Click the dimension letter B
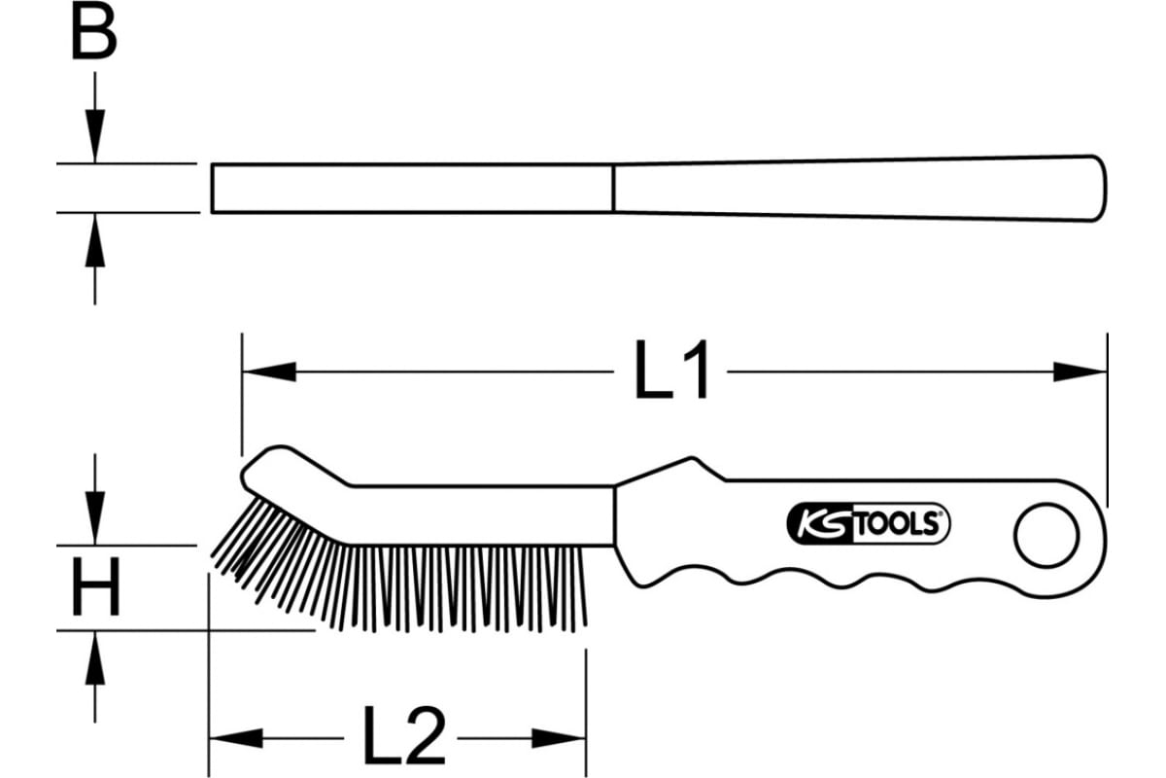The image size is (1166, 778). (93, 30)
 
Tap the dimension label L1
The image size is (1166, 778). (670, 370)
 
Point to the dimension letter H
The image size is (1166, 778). (96, 587)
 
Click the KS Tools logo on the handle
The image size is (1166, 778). (868, 524)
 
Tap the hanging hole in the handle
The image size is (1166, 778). (1046, 536)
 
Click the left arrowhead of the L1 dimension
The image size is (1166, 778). (269, 371)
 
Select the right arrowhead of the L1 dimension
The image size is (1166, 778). (1080, 371)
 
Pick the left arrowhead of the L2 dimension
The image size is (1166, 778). (235, 738)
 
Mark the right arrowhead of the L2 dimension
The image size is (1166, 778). (559, 738)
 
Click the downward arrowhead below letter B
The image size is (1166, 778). (95, 136)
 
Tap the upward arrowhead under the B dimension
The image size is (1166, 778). (95, 240)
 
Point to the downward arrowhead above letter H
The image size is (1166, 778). (95, 518)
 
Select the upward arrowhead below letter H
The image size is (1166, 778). (95, 657)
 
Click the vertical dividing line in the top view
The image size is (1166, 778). (614, 188)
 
